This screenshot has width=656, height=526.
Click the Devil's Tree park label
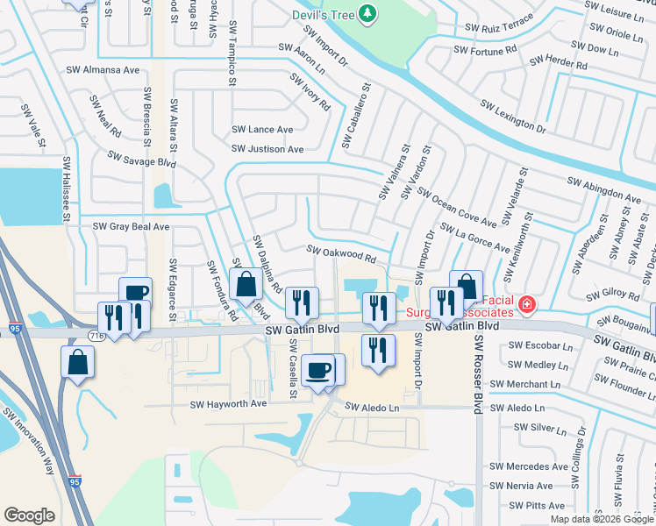(x=324, y=14)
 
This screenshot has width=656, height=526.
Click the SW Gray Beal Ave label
(x=131, y=226)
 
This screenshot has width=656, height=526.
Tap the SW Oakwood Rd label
(x=341, y=254)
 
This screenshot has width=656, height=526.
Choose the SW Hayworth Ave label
(x=228, y=404)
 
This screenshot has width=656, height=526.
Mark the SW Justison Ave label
(x=267, y=149)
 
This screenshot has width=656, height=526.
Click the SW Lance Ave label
(x=262, y=129)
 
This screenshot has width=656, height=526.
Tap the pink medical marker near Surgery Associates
(x=526, y=305)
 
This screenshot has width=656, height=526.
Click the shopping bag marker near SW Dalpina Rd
(x=246, y=284)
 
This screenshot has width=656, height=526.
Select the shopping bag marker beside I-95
(x=77, y=363)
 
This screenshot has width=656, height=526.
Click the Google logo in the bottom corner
(x=29, y=515)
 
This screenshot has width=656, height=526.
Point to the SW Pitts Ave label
(x=536, y=506)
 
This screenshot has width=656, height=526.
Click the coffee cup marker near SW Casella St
(x=317, y=370)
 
